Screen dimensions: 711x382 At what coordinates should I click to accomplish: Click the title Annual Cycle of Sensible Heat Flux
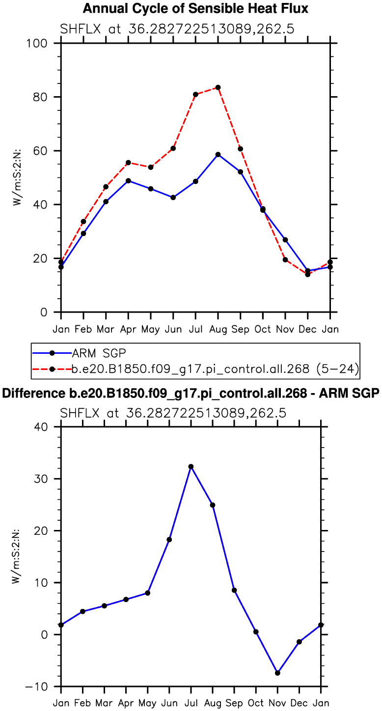pyautogui.click(x=195, y=8)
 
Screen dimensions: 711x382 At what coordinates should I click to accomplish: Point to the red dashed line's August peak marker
pyautogui.click(x=218, y=87)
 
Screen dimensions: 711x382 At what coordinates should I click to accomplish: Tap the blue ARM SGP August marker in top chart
pyautogui.click(x=218, y=155)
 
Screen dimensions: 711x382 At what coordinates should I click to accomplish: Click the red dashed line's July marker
pyautogui.click(x=195, y=94)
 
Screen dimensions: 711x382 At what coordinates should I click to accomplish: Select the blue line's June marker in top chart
pyautogui.click(x=173, y=197)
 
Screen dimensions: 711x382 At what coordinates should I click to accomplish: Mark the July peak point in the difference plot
pyautogui.click(x=191, y=467)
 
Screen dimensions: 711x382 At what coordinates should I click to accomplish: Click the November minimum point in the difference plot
pyautogui.click(x=277, y=673)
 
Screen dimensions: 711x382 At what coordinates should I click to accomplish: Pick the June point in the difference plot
pyautogui.click(x=169, y=540)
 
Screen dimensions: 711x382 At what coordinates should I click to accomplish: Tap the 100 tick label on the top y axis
pyautogui.click(x=37, y=44)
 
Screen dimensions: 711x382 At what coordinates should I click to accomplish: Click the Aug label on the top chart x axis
pyautogui.click(x=218, y=329)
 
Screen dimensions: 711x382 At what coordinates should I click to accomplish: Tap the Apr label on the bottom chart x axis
pyautogui.click(x=126, y=703)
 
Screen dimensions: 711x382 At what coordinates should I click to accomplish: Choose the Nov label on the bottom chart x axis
pyautogui.click(x=277, y=703)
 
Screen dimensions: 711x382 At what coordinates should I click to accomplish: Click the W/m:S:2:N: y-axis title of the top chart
pyautogui.click(x=18, y=177)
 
